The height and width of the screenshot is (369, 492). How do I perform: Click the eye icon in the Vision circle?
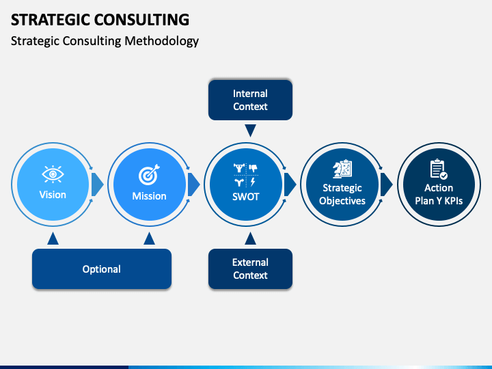53,174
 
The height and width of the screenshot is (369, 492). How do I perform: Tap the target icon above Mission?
149,174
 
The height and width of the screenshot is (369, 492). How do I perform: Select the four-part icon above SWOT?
246,175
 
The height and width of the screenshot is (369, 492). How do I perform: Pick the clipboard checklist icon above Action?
439,169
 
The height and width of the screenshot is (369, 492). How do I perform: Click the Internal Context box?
250,100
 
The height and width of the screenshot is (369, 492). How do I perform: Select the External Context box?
250,269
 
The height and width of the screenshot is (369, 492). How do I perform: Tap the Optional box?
102,269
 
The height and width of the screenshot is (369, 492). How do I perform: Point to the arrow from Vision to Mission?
97,184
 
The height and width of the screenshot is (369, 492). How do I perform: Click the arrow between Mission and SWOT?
193,184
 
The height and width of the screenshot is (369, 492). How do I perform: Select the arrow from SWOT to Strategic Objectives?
290,184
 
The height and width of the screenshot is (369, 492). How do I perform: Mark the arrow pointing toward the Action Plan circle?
386,184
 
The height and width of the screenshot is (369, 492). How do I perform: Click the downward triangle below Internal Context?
250,131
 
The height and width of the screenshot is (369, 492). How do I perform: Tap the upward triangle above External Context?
250,238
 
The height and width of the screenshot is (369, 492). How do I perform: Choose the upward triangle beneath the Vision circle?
53,238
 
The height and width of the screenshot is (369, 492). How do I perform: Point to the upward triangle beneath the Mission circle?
149,238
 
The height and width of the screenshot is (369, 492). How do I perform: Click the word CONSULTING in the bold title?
141,20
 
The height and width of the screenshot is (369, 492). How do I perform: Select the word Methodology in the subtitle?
161,42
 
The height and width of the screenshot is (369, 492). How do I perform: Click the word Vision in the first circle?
53,195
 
